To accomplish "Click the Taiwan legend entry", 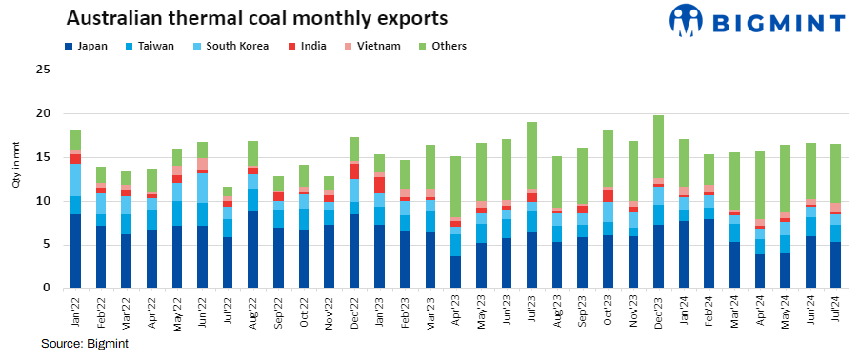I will (x=149, y=45).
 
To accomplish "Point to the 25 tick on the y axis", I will (x=43, y=70).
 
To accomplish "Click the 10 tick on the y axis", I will (x=43, y=201).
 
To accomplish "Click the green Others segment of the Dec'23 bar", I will (x=659, y=147).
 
